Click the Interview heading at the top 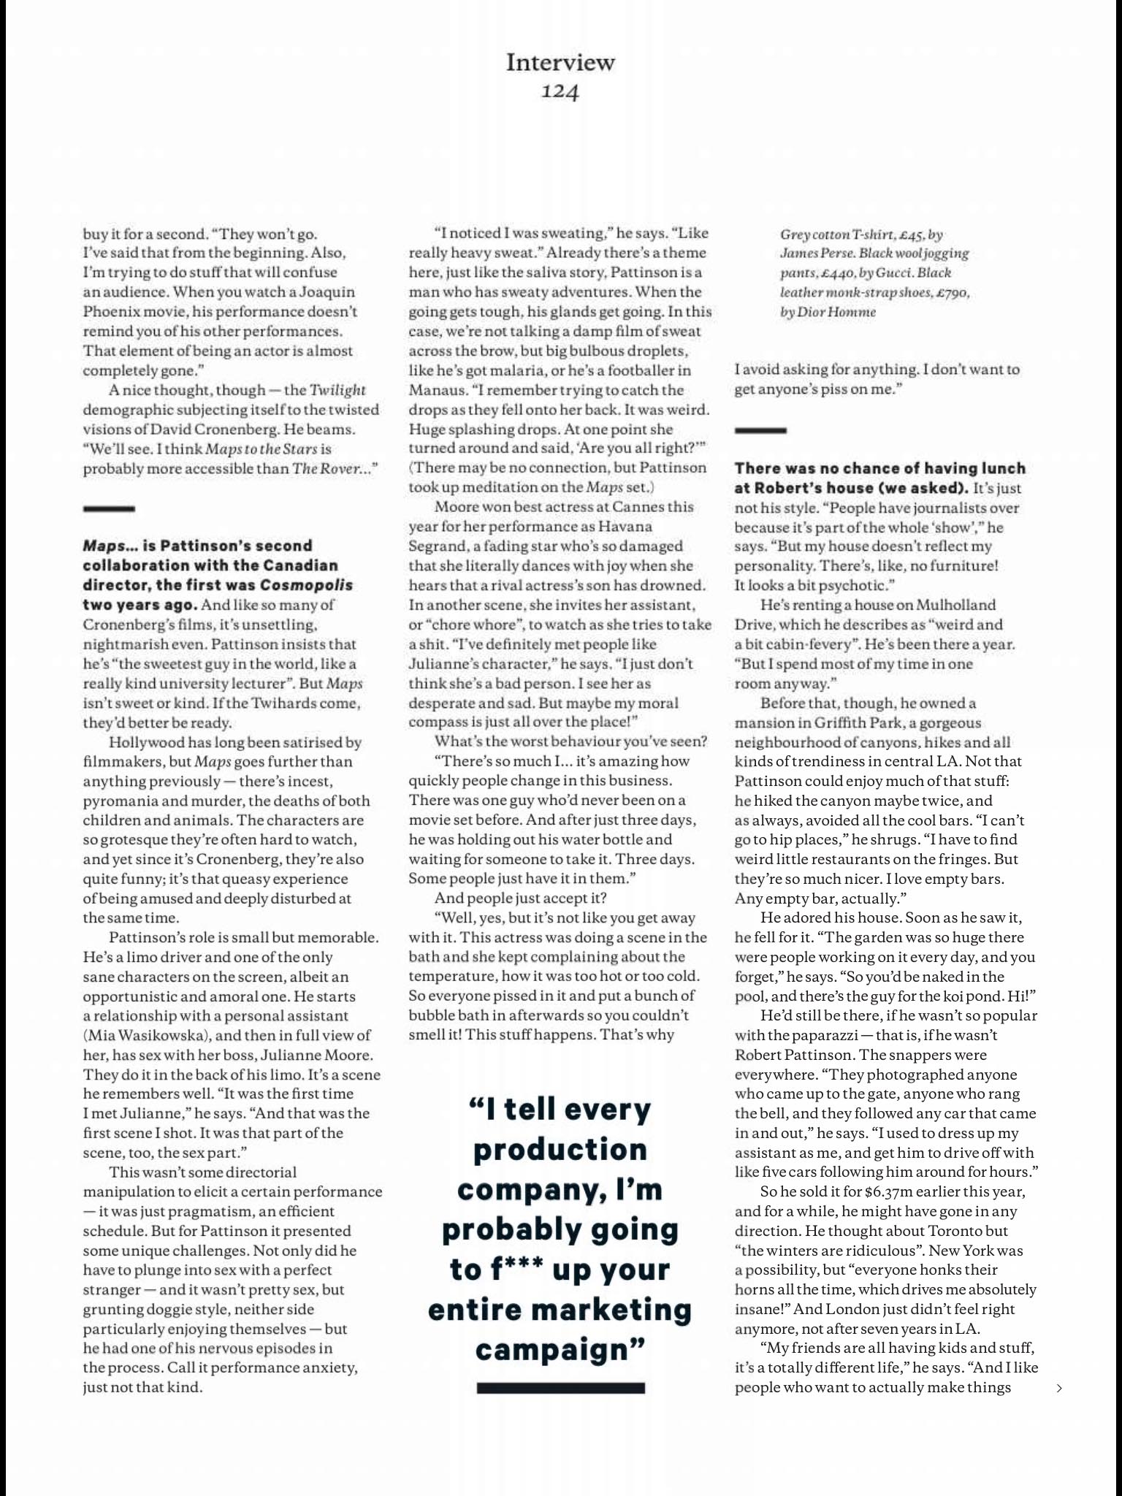[x=560, y=62]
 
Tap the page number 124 [x=560, y=92]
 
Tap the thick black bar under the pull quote [x=560, y=1387]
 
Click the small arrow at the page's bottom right [x=1059, y=1389]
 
